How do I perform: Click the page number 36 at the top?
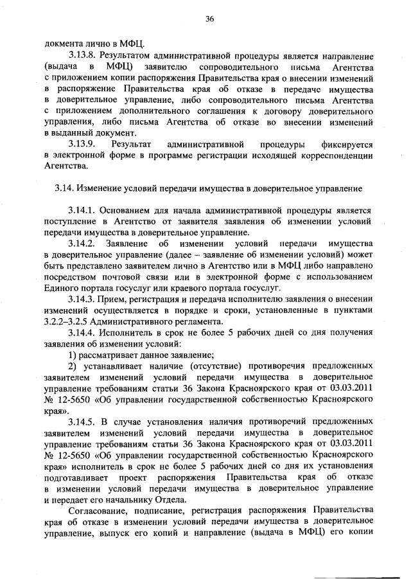(209, 19)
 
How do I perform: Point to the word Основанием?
(131, 211)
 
